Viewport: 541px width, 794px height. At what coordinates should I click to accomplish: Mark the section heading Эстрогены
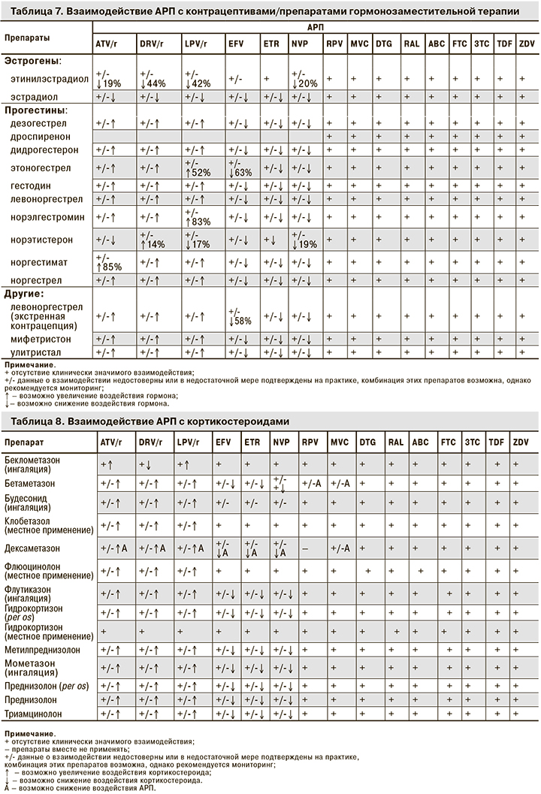click(33, 59)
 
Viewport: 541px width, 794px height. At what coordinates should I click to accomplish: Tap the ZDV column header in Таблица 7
click(527, 45)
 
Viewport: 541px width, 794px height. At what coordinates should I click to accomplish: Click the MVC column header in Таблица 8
click(339, 443)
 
